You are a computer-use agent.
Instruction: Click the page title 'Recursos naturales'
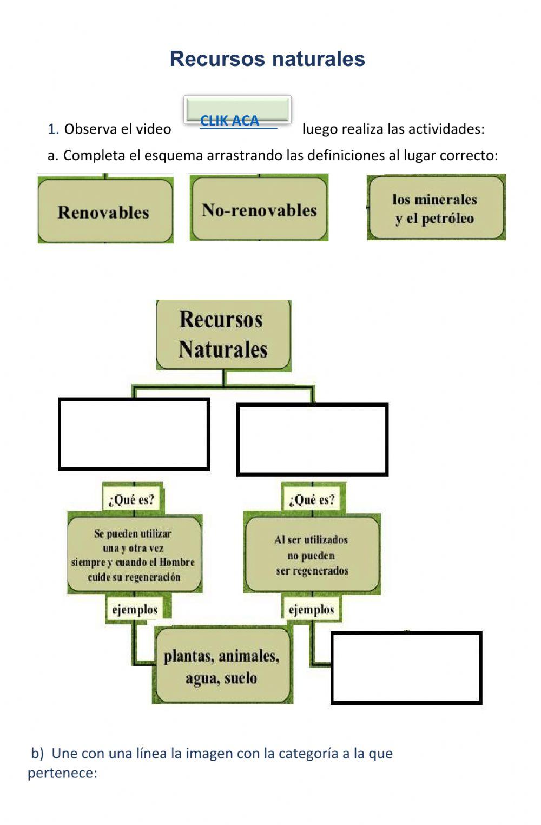[267, 58]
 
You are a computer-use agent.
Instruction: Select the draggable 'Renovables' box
[105, 211]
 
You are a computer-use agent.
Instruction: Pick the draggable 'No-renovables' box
[259, 209]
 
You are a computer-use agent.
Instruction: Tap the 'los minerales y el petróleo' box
[436, 208]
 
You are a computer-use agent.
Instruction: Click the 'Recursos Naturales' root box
[223, 335]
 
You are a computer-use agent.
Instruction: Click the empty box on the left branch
[134, 434]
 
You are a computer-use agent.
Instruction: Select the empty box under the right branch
[312, 439]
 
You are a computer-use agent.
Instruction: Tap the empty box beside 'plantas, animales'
[406, 668]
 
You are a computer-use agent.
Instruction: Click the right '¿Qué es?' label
[312, 499]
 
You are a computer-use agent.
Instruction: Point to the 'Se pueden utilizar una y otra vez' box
[134, 555]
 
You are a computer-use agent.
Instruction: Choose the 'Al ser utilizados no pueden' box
[312, 555]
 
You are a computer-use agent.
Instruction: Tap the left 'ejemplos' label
[135, 610]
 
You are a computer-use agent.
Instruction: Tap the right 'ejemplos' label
[312, 610]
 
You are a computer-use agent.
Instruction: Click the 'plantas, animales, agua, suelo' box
[222, 666]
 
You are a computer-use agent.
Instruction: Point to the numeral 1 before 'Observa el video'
[52, 129]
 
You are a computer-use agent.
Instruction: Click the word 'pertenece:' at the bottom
[62, 773]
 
